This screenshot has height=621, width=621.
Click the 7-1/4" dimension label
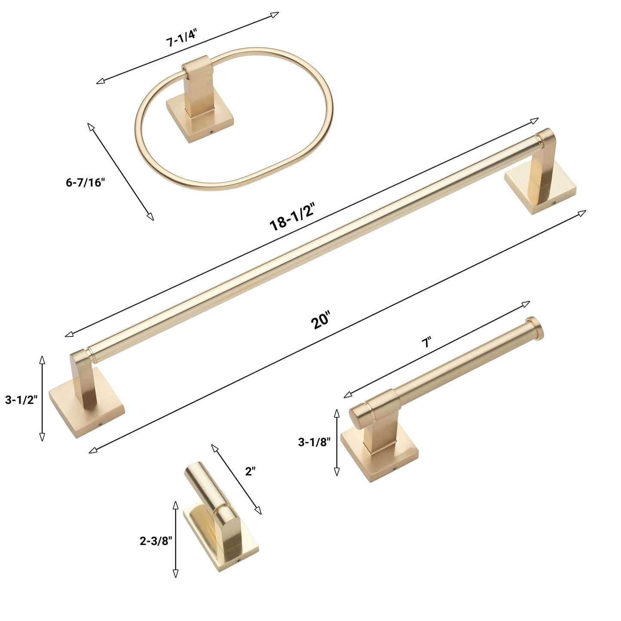[x=181, y=38]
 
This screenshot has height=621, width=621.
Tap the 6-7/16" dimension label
[x=86, y=182]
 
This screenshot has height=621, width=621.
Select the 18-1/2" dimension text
[x=292, y=217]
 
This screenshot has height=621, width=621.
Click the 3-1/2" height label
[x=21, y=400]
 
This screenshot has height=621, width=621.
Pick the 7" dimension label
[x=427, y=342]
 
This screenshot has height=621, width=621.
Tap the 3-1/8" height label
[x=314, y=442]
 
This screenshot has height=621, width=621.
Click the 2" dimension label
[x=250, y=471]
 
